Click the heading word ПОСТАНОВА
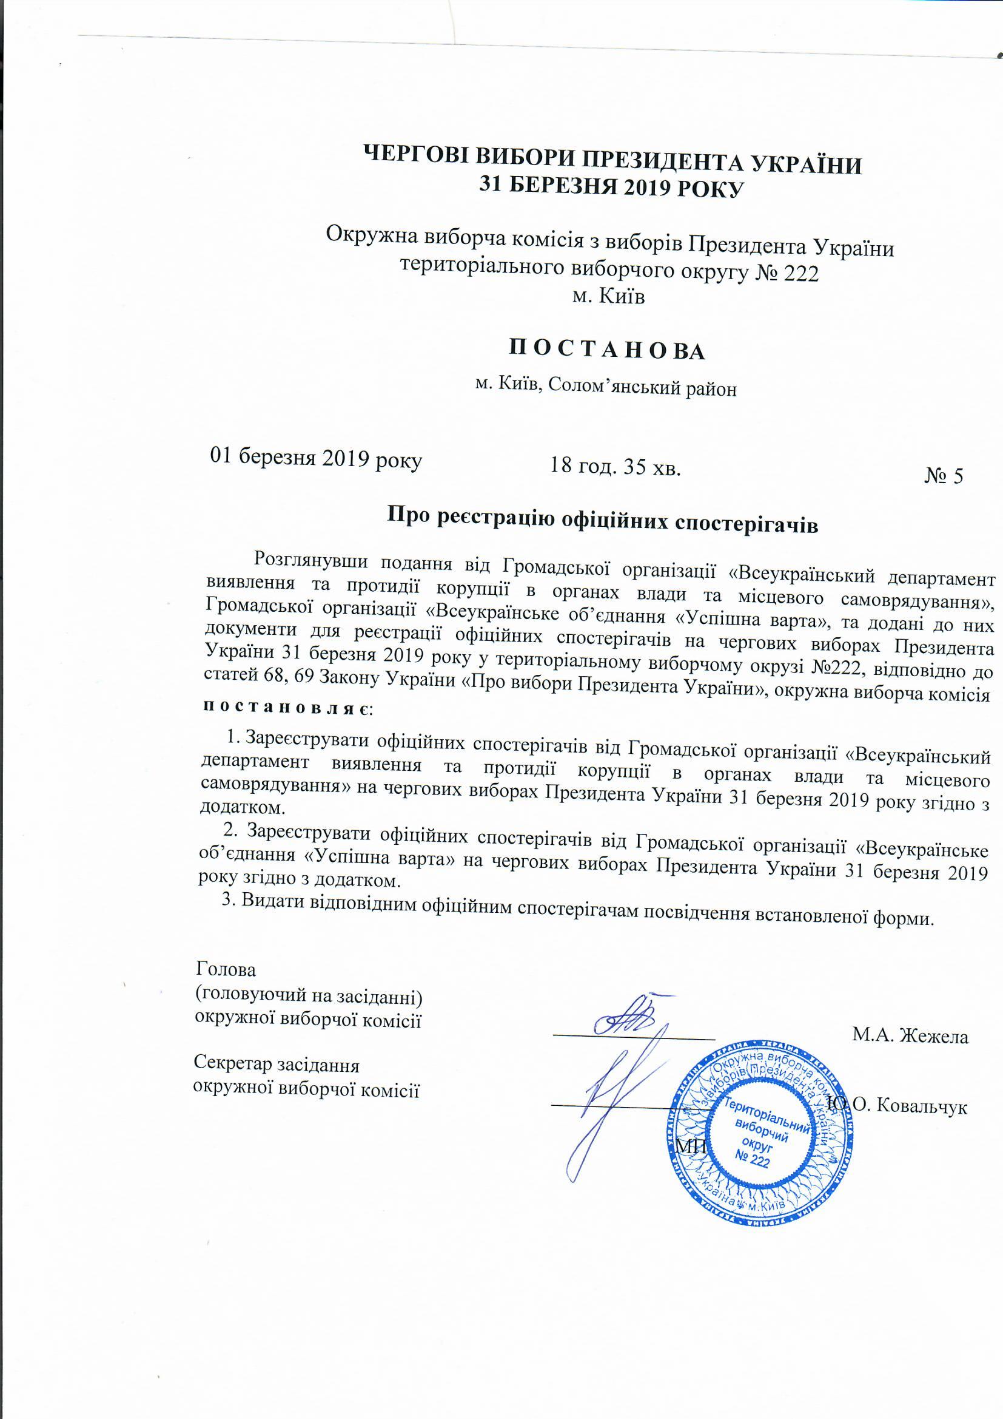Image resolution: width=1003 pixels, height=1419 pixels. pos(605,350)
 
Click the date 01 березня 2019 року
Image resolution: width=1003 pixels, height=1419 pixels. pos(316,459)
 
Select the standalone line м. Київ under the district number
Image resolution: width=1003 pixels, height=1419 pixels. pos(608,296)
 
